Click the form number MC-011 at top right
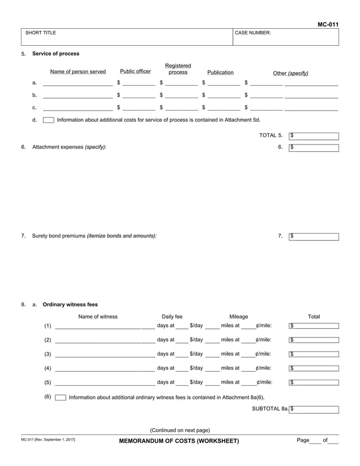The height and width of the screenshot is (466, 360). click(328, 24)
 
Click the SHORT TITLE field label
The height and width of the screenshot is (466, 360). click(41, 33)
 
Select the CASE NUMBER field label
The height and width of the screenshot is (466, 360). click(253, 33)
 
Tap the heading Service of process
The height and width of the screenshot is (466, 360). click(56, 54)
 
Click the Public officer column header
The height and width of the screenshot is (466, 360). click(135, 72)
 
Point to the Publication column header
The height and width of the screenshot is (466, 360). click(220, 72)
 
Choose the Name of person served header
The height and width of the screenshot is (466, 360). click(78, 72)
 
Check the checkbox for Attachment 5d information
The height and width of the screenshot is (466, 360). click(49, 120)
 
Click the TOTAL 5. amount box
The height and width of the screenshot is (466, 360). click(314, 136)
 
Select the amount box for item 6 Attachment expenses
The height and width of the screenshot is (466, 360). click(314, 148)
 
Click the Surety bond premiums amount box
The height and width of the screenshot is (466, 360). click(314, 236)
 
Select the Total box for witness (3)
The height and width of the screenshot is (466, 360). click(314, 354)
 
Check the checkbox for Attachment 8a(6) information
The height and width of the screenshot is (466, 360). click(60, 397)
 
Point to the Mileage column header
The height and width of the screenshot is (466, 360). click(238, 316)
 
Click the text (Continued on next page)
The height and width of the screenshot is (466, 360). click(180, 430)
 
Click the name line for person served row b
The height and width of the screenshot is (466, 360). click(78, 95)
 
